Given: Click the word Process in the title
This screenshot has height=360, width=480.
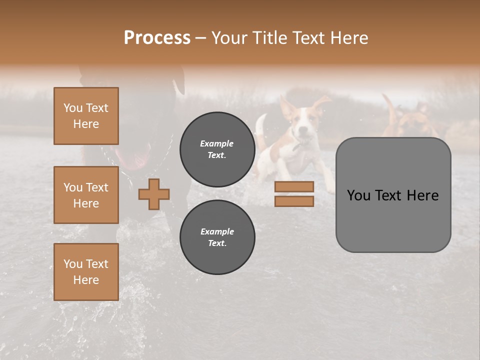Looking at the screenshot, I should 157,38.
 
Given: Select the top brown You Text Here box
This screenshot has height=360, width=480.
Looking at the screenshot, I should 86,116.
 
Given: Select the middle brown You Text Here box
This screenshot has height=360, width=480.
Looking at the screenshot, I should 86,195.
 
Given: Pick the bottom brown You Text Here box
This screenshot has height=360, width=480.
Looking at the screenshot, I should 86,272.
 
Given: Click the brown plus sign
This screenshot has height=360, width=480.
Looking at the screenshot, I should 154,194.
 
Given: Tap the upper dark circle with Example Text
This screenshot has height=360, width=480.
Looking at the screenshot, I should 217,149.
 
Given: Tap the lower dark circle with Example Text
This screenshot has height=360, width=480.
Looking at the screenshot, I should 217,237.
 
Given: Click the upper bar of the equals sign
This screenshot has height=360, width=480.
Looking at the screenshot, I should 294,186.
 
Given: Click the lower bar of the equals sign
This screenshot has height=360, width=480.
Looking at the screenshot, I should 294,201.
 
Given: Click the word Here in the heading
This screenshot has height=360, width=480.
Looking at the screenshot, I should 349,38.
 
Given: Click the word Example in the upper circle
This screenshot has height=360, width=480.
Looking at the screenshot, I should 217,143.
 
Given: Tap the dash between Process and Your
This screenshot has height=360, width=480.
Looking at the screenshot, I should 201,38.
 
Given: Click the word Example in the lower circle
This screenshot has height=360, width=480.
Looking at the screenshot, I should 217,231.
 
